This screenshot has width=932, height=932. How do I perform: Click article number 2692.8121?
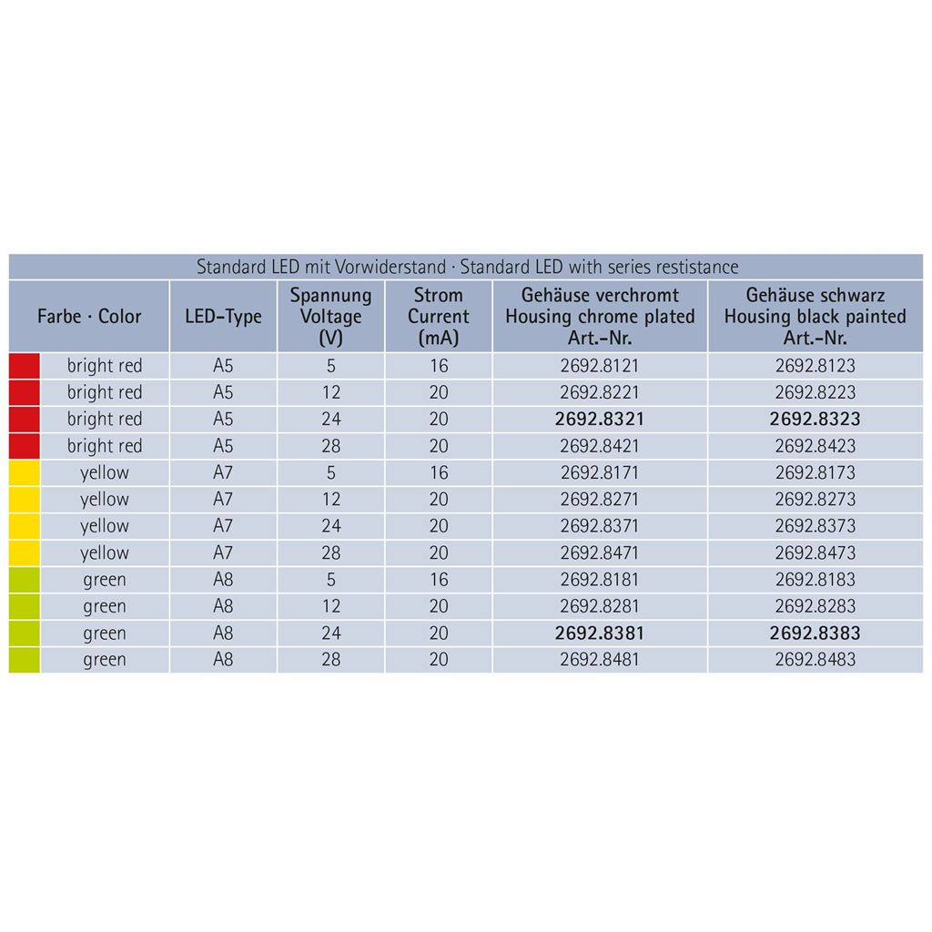pos(600,366)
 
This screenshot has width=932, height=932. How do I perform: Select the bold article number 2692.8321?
pos(600,420)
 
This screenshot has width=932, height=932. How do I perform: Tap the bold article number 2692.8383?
pos(815,633)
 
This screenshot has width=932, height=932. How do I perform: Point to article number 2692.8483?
pos(815,660)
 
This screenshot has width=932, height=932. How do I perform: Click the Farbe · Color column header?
pos(89,317)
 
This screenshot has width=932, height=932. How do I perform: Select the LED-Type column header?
pos(223,317)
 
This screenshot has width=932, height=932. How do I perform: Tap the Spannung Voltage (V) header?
pos(330,317)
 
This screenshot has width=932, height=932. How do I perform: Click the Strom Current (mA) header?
pos(438,317)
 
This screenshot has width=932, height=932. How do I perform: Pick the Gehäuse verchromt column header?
pos(600,317)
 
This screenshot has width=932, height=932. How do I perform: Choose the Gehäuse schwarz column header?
pos(815,317)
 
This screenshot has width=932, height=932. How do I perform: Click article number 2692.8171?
pos(600,473)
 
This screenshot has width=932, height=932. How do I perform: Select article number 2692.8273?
pos(815,500)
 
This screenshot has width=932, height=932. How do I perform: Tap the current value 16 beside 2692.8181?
pos(439,580)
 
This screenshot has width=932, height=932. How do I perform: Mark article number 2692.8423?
pos(815,446)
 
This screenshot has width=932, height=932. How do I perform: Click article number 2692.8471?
pos(600,553)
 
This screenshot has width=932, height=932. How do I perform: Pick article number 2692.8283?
pos(815,606)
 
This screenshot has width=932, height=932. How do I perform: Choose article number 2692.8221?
pos(600,393)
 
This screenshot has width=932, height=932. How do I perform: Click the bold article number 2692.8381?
pos(600,633)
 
